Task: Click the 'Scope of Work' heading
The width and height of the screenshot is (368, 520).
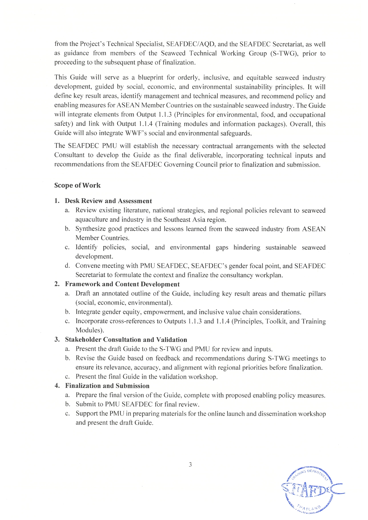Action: click(x=77, y=185)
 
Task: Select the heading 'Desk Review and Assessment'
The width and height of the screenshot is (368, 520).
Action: click(x=108, y=201)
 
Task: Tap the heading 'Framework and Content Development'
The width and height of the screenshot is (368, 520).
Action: click(x=122, y=284)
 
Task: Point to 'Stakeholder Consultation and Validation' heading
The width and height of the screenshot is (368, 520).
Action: click(x=126, y=340)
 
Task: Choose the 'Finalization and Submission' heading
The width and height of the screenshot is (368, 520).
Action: click(x=107, y=386)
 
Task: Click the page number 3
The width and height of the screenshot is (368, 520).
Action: click(x=190, y=465)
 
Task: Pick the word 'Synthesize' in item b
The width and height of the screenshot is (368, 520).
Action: click(x=90, y=229)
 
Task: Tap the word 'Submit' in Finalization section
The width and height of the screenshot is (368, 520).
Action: click(x=85, y=404)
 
